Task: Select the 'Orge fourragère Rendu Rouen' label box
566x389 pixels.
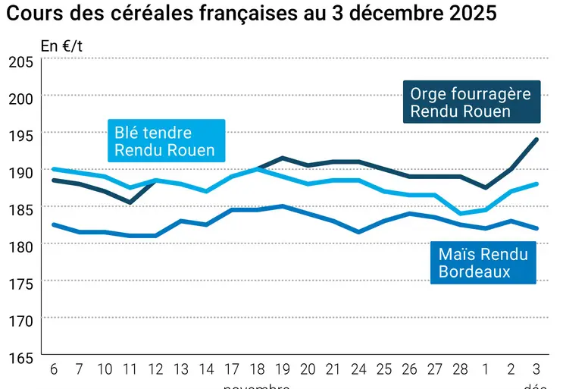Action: pyautogui.click(x=471, y=102)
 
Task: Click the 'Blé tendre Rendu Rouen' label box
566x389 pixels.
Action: pyautogui.click(x=164, y=141)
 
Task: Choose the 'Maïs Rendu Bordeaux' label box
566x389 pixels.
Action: pyautogui.click(x=483, y=262)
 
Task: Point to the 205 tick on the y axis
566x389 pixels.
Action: pyautogui.click(x=20, y=62)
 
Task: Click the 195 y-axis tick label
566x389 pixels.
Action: pyautogui.click(x=20, y=136)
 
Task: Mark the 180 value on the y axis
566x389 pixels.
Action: pyautogui.click(x=20, y=246)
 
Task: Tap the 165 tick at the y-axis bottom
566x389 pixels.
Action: pyautogui.click(x=20, y=356)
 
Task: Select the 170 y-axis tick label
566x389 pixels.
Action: pyautogui.click(x=20, y=320)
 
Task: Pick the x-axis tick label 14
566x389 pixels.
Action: pyautogui.click(x=207, y=369)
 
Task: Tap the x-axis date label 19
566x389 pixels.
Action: pyautogui.click(x=282, y=369)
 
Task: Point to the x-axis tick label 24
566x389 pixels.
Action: pyautogui.click(x=358, y=369)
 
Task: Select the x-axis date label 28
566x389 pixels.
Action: pyautogui.click(x=460, y=369)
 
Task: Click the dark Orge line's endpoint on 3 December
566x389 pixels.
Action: pyautogui.click(x=536, y=140)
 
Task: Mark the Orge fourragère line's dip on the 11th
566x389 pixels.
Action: pyautogui.click(x=130, y=202)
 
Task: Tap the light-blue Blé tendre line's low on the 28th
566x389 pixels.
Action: pyautogui.click(x=460, y=213)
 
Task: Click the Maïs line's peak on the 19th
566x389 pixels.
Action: pyautogui.click(x=282, y=206)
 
